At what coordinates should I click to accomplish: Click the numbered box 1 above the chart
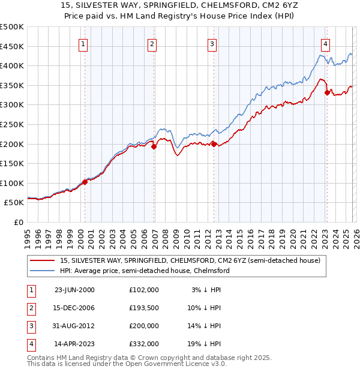(x=82, y=43)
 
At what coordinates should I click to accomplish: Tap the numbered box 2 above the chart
(x=152, y=43)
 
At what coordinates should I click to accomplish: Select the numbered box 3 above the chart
(x=212, y=43)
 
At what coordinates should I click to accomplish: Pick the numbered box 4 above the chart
(x=325, y=43)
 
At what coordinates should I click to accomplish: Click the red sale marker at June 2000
(x=85, y=182)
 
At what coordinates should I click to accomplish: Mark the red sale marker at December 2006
(x=154, y=146)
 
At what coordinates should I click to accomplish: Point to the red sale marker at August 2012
(x=214, y=143)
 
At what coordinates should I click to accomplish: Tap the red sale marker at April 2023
(x=327, y=92)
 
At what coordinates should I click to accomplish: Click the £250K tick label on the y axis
(x=12, y=124)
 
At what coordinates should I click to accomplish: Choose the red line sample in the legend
(x=43, y=261)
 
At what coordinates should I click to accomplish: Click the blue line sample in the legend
(x=43, y=271)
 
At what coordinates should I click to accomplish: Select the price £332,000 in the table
(x=143, y=344)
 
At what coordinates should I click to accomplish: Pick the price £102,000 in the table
(x=143, y=289)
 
